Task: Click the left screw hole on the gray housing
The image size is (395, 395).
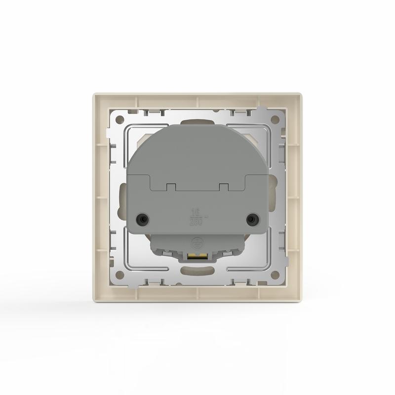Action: [143, 218]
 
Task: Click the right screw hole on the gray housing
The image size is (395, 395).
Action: [252, 218]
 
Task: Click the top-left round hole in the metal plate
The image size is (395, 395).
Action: [119, 120]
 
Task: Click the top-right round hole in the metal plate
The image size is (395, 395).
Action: [276, 120]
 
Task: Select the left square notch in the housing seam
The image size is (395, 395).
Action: [170, 187]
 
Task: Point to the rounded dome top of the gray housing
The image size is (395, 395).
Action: [197, 141]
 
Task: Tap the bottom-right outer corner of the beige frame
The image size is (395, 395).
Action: [301, 301]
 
